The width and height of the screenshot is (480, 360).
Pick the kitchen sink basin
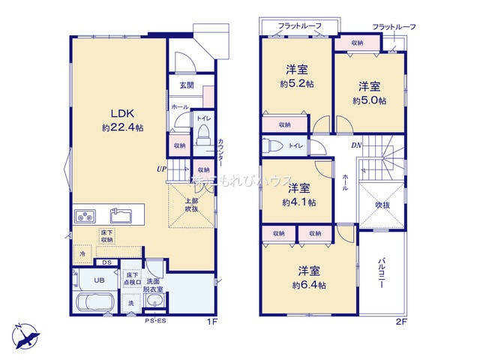pyautogui.click(x=121, y=216)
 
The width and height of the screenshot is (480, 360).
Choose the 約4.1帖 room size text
pyautogui.click(x=299, y=202)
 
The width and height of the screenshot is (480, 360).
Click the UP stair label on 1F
pyautogui.click(x=161, y=169)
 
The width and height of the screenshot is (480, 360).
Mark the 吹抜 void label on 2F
pyautogui.click(x=382, y=205)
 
